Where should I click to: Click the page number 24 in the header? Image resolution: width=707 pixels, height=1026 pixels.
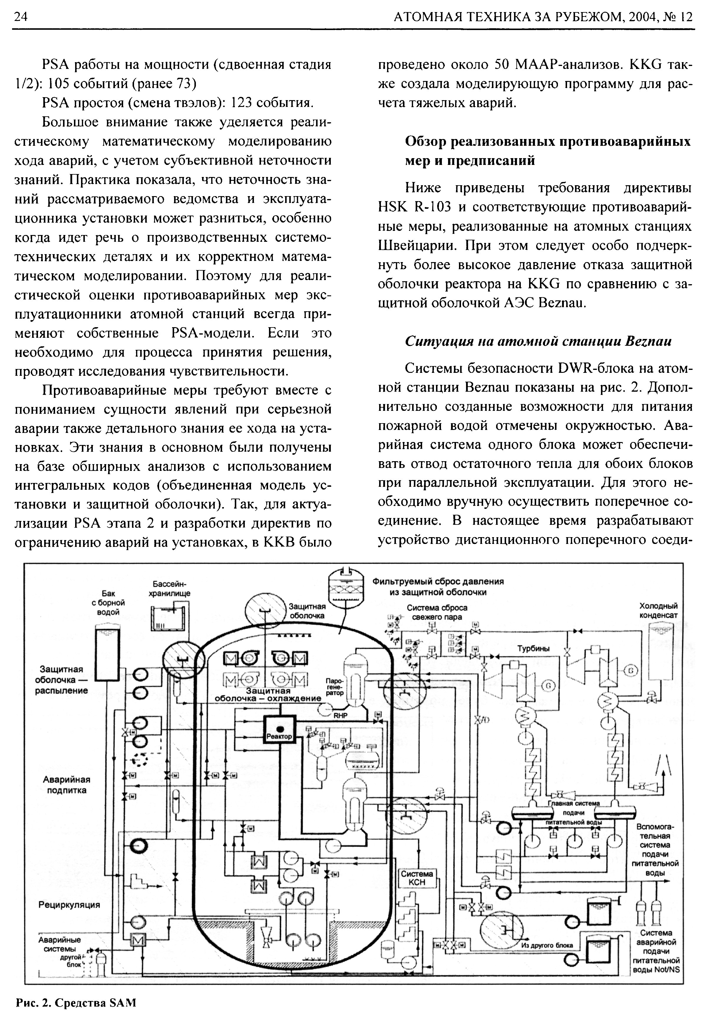21,17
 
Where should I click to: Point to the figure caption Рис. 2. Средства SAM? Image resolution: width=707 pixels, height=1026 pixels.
76,1002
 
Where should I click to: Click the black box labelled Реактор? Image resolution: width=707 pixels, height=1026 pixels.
279,731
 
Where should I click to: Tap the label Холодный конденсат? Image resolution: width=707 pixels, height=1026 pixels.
658,610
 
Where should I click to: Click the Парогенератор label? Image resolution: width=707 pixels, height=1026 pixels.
334,686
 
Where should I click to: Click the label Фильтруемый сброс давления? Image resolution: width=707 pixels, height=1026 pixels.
438,581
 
